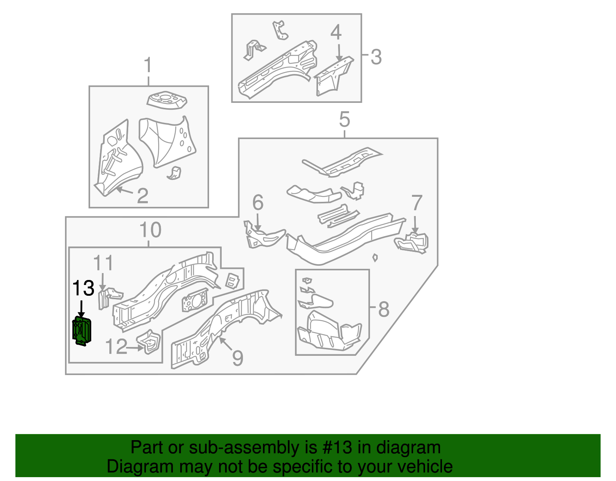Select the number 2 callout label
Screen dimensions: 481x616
pos(142,196)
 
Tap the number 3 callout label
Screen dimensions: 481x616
pos(376,57)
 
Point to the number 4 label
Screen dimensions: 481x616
pos(336,32)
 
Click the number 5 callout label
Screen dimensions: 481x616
pos(344,119)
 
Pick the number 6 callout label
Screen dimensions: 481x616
pos(258,203)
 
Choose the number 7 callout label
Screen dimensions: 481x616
pos(417,203)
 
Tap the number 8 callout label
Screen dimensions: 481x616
pos(383,309)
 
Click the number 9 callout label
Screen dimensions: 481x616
pos(238,358)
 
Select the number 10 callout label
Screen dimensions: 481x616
pos(150,230)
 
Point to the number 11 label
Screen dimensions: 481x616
pos(103,263)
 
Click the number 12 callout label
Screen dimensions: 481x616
pos(116,347)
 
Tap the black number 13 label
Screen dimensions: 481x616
pos(83,288)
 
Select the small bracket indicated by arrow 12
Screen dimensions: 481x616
pos(149,342)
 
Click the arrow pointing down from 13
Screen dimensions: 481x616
pos(81,309)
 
